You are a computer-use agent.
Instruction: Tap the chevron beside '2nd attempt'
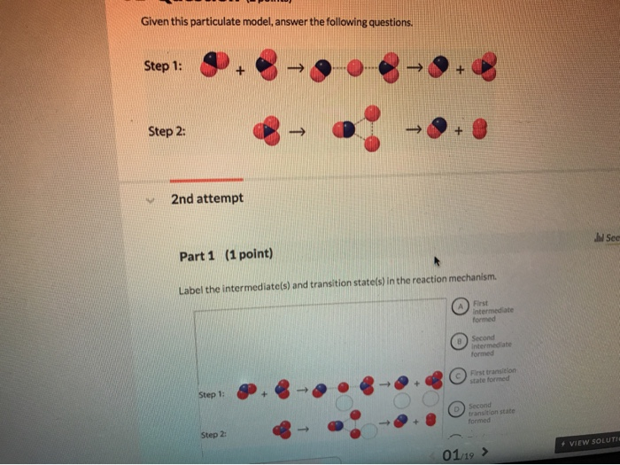[152, 198]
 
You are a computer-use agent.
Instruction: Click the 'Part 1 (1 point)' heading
[226, 256]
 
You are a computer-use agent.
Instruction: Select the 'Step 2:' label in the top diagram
[167, 130]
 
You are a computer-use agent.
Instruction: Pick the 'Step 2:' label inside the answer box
[213, 435]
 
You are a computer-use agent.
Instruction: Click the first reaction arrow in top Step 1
[297, 66]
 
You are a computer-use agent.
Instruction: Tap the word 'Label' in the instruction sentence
[191, 291]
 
